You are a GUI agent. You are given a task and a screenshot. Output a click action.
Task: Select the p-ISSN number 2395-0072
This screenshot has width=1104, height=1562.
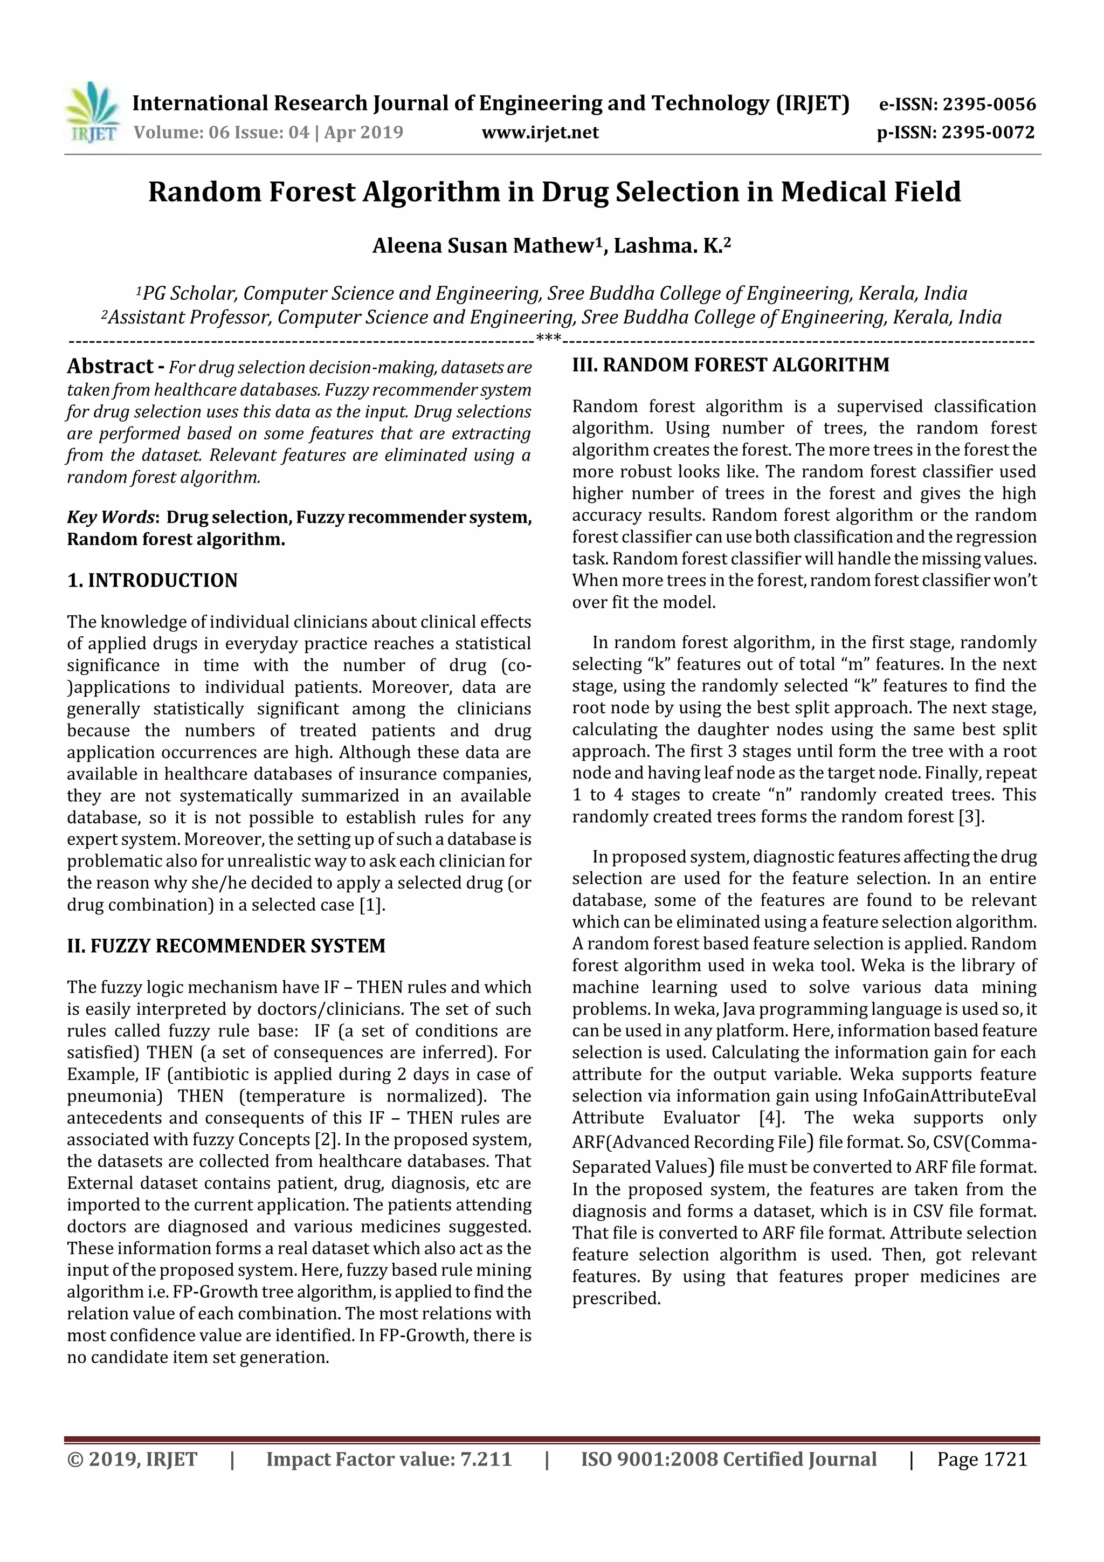click(x=988, y=133)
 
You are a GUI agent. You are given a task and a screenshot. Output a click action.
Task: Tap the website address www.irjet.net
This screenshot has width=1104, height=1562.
click(x=540, y=133)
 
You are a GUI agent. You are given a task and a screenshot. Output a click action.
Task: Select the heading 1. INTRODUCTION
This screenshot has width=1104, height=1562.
click(x=153, y=580)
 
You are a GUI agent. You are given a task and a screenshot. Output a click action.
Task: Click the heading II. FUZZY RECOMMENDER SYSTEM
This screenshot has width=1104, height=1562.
click(x=226, y=946)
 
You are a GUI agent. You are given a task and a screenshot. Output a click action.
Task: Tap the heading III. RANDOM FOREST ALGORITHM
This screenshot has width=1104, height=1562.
click(x=730, y=366)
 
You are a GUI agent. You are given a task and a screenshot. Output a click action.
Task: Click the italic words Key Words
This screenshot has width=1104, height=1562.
click(x=110, y=518)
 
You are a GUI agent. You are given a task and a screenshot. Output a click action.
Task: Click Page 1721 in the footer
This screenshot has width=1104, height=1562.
click(x=982, y=1458)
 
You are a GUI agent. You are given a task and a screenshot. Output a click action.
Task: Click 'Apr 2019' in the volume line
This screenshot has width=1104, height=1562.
click(x=363, y=133)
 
